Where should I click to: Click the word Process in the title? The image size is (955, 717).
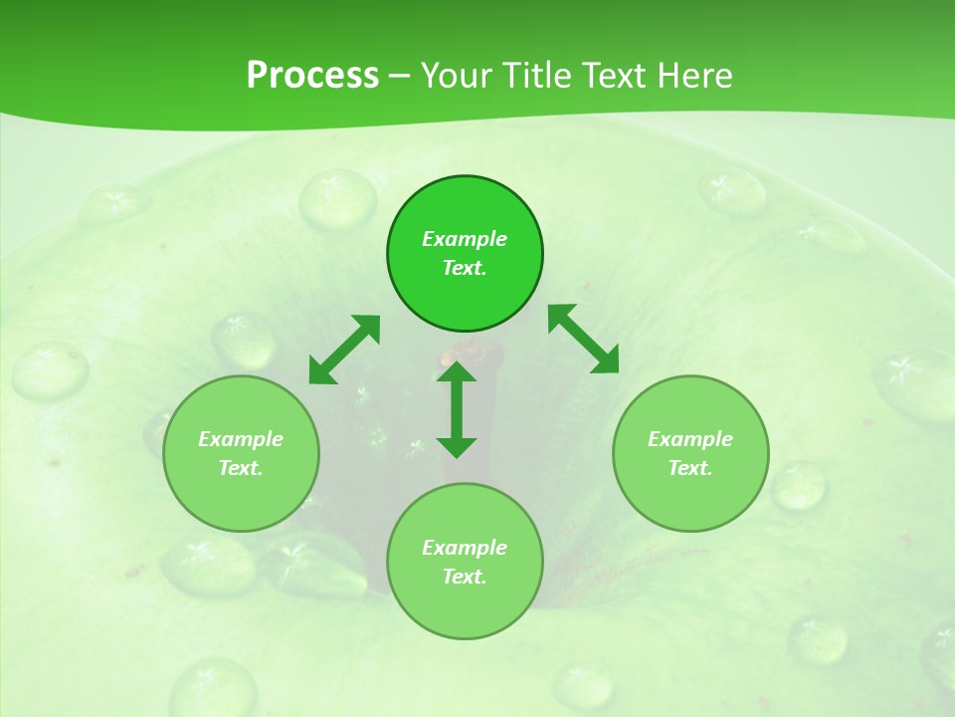coord(312,76)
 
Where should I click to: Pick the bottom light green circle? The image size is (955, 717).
coord(465,607)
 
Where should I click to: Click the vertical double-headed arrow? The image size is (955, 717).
coord(457,409)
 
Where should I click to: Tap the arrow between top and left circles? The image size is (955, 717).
coord(344,350)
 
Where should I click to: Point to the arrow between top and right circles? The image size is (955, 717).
coord(583,339)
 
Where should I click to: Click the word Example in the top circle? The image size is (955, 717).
coord(465,239)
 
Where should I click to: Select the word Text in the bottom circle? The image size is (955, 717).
coord(464,577)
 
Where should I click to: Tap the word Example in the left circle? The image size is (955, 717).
coord(241,439)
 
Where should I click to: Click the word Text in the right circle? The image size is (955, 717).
coord(689,468)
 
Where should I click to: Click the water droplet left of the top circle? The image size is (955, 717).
coord(338,196)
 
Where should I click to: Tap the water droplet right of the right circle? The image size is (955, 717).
coord(799,485)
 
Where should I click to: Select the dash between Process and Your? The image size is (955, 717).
coord(399,76)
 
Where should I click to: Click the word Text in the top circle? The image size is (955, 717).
coord(464,268)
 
